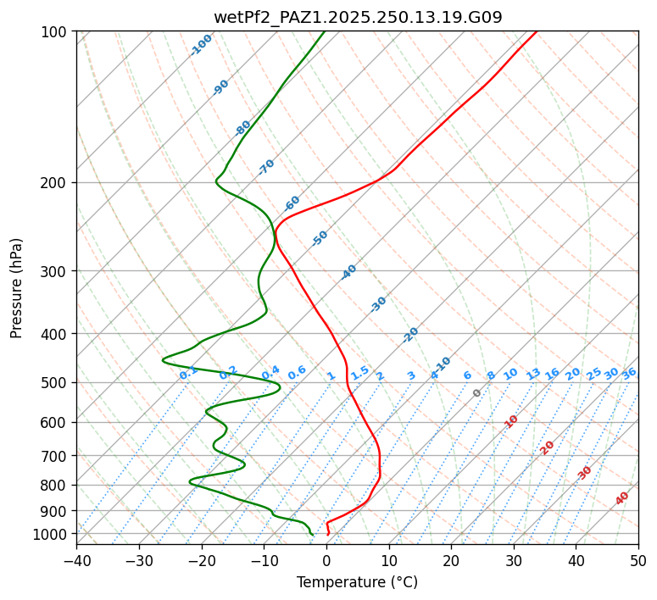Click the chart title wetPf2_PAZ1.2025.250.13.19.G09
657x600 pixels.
[357, 17]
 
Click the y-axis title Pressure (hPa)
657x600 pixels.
[17, 287]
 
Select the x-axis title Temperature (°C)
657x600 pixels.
[357, 582]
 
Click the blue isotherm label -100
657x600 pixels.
[201, 45]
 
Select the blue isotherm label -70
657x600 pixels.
[266, 167]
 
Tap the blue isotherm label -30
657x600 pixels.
[378, 304]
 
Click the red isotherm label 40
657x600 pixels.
[622, 498]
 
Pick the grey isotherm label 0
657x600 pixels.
[477, 393]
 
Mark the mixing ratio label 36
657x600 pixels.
[629, 373]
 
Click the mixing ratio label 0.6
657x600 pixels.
[297, 373]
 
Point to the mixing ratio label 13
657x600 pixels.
[533, 374]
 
